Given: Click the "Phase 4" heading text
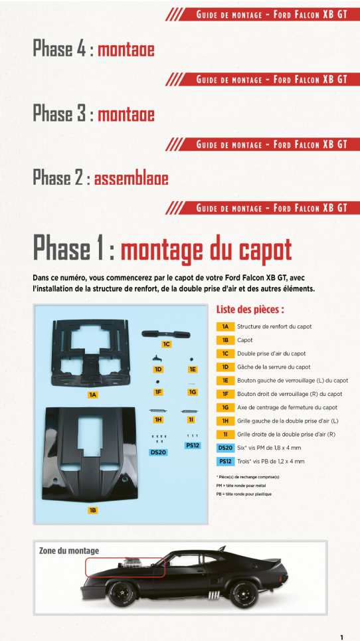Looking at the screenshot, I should [61, 49].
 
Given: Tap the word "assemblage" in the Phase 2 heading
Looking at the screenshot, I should [131, 179].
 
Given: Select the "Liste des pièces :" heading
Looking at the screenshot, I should [250, 310].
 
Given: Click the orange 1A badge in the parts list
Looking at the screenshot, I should [225, 327].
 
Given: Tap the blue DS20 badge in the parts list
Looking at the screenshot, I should [225, 448].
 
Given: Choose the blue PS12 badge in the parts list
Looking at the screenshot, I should [225, 461].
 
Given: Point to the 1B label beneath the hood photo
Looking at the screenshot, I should [93, 510].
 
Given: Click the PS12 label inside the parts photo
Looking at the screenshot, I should [193, 446].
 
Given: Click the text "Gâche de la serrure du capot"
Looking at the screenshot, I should [272, 367].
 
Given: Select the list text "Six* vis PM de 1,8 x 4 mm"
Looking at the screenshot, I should [268, 448].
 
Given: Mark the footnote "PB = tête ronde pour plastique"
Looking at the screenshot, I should [244, 494].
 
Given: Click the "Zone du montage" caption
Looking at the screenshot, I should [69, 551].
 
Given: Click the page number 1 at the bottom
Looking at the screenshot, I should [341, 637].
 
